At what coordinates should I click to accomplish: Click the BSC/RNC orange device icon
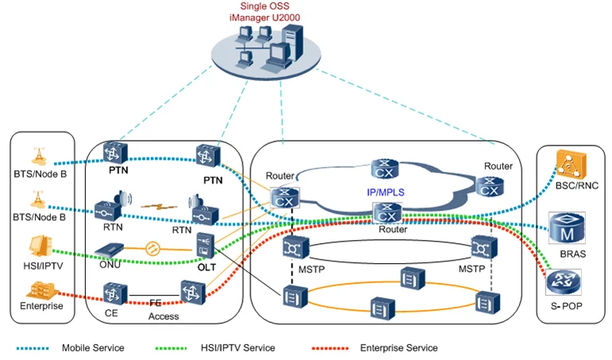[x=571, y=165]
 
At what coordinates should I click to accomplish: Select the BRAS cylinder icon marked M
[x=567, y=228]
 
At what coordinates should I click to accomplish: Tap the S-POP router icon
[x=564, y=282]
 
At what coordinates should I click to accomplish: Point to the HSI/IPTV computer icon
[x=41, y=247]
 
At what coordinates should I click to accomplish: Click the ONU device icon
[x=109, y=250]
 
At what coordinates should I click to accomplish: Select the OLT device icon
[x=205, y=246]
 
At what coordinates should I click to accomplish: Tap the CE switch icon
[x=115, y=293]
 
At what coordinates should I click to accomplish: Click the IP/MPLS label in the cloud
[x=385, y=192]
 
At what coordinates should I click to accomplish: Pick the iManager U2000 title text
[x=265, y=17]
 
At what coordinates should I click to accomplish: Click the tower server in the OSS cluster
[x=292, y=42]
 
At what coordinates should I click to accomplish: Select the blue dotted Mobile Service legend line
[x=33, y=348]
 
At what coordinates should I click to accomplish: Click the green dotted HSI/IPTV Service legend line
[x=171, y=348]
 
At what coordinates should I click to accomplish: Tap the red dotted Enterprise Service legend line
[x=330, y=348]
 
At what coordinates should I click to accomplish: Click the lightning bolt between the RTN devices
[x=159, y=206]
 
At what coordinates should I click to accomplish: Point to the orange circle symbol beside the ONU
[x=153, y=248]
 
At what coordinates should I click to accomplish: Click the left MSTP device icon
[x=296, y=247]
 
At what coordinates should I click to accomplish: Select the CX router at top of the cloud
[x=385, y=168]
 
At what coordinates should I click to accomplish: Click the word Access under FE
[x=164, y=316]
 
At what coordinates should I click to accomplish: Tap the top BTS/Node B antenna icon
[x=39, y=157]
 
